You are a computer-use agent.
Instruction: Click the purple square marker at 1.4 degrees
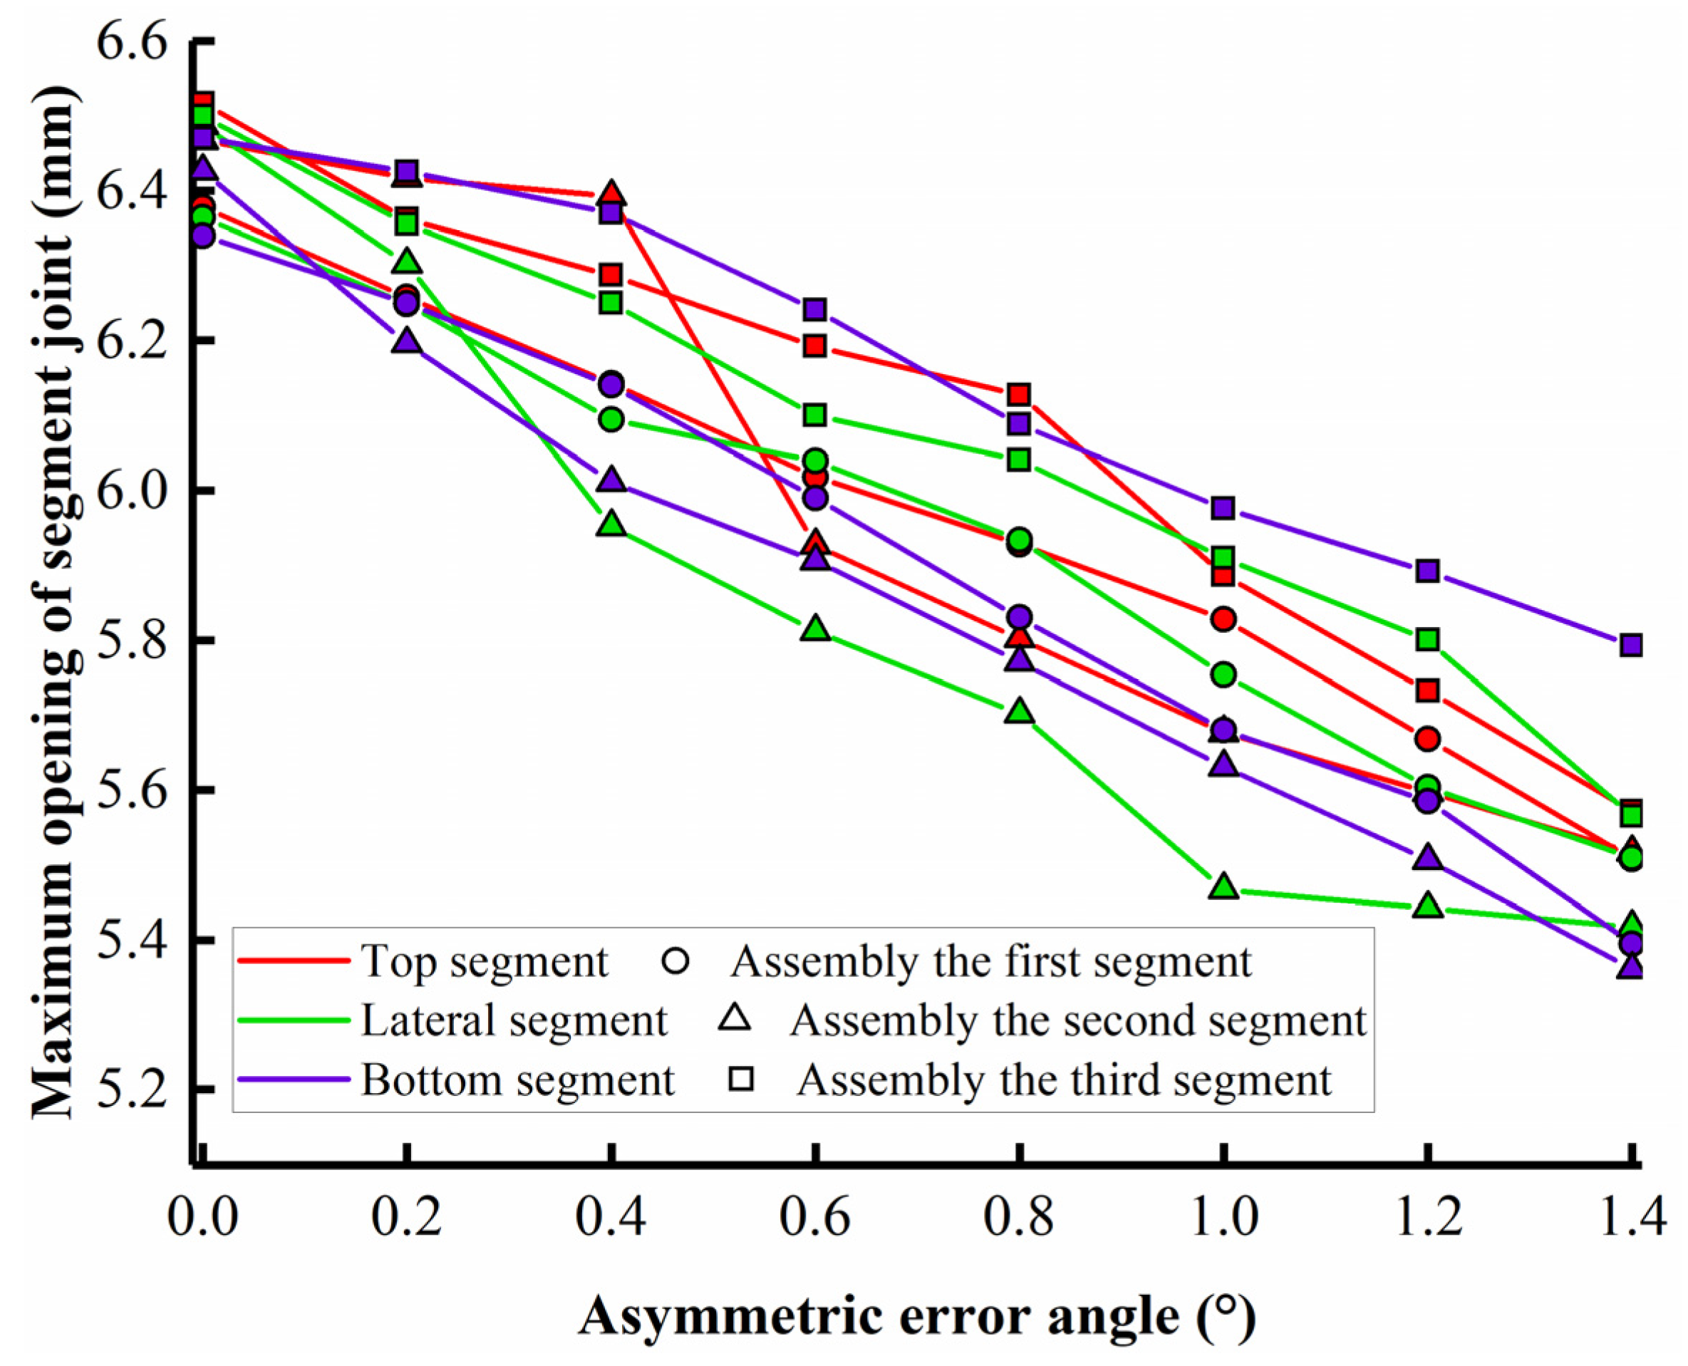pos(1631,645)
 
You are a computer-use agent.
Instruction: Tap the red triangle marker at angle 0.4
pos(611,194)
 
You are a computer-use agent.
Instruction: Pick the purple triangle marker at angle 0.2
pos(407,341)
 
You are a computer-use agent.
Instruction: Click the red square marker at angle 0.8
pos(1019,394)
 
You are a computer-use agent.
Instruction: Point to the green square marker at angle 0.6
pos(815,415)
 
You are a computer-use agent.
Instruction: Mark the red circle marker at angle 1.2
pos(1427,739)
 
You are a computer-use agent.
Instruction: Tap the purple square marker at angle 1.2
pos(1427,571)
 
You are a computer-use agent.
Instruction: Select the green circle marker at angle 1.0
pos(1223,674)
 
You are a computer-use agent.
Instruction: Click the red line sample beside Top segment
pos(293,961)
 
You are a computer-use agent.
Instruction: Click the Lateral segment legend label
pos(514,1020)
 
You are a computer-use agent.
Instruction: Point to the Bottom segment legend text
pos(517,1080)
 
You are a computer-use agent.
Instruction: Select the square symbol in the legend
pos(741,1080)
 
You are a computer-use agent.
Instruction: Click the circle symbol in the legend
pos(676,961)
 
